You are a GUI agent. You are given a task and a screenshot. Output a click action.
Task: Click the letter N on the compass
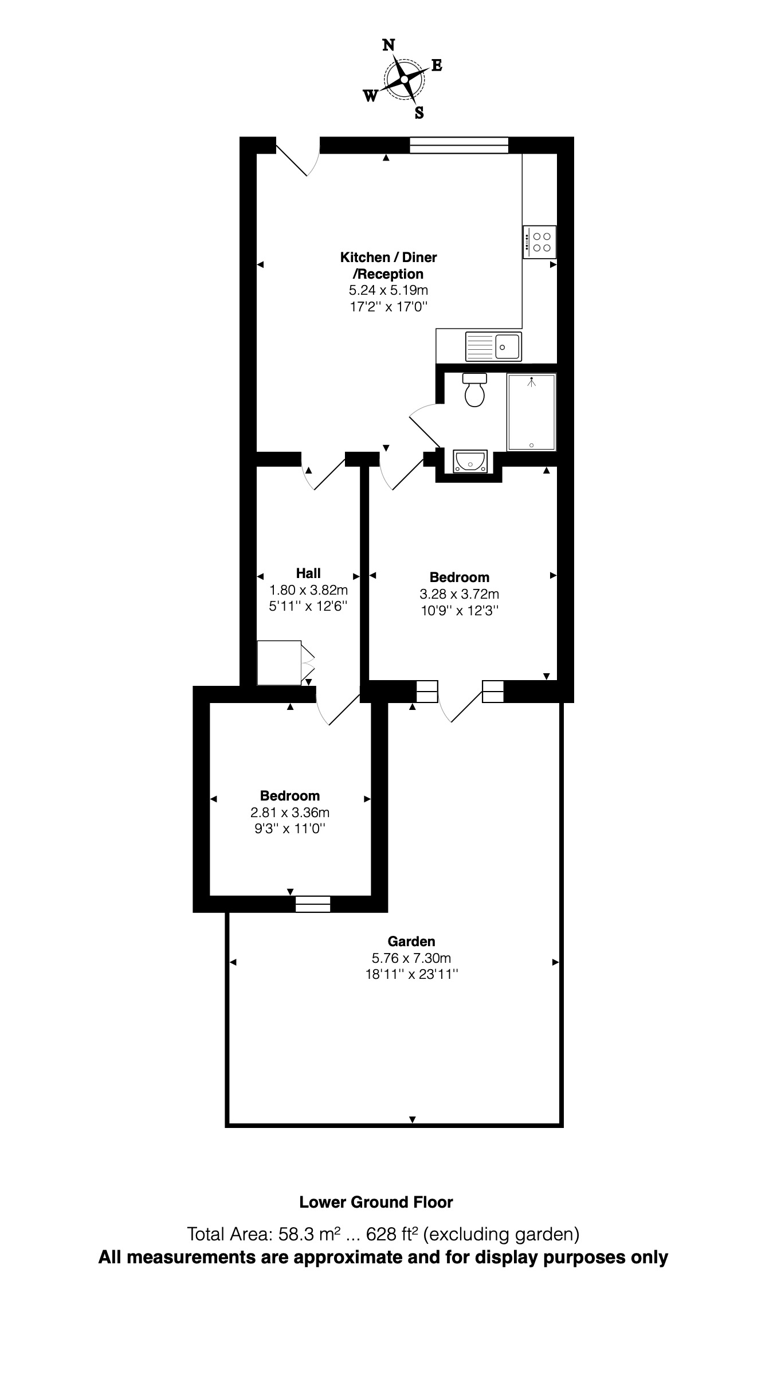(x=388, y=45)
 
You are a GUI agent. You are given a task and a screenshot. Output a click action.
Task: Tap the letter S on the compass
(x=419, y=113)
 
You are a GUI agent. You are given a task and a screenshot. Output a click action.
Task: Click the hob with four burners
(x=539, y=242)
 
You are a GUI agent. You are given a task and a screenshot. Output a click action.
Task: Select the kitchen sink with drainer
(x=493, y=346)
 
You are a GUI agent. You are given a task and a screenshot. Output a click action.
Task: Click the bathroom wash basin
(x=470, y=461)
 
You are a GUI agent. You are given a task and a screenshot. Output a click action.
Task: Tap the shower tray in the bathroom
(x=531, y=412)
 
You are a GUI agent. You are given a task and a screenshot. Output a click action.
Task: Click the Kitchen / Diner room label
(x=388, y=257)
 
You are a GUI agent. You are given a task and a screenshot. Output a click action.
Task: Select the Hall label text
(x=308, y=573)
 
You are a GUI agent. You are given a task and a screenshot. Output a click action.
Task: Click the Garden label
(x=411, y=941)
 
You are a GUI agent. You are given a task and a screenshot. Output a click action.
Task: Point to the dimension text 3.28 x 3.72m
(x=460, y=594)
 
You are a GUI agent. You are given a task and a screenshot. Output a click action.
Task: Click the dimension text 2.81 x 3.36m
(x=290, y=812)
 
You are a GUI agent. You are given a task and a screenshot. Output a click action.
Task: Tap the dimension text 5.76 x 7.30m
(x=411, y=958)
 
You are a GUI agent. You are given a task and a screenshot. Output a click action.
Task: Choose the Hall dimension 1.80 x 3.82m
(x=309, y=590)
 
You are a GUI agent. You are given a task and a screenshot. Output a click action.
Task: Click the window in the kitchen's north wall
(x=459, y=146)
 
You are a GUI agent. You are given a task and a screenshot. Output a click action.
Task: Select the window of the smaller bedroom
(x=313, y=904)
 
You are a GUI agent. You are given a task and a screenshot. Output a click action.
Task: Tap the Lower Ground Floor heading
(x=376, y=1202)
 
